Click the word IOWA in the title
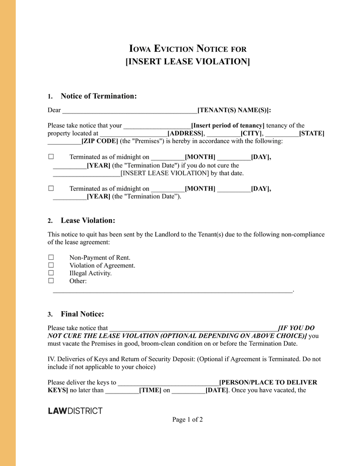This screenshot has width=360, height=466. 140,49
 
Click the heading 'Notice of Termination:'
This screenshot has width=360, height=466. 99,96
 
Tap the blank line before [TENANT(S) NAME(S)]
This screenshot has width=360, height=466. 130,110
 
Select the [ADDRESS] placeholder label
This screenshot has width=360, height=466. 185,133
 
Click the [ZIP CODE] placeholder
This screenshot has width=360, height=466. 99,141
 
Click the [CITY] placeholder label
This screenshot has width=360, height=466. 251,133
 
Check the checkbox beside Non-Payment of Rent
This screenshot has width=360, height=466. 51,258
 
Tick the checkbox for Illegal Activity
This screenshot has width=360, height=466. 51,273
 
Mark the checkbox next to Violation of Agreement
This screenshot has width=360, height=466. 51,265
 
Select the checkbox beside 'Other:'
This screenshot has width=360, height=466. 51,281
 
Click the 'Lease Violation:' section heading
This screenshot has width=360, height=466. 88,220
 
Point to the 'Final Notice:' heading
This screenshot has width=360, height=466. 82,314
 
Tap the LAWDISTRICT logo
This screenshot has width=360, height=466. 75,411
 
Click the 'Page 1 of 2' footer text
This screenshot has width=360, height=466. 187,420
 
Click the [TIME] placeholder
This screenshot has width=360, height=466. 150,390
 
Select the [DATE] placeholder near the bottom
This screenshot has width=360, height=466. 216,390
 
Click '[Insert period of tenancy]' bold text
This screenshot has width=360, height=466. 228,126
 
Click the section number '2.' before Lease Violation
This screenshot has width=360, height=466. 50,221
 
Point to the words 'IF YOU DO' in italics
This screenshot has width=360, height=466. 297,328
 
